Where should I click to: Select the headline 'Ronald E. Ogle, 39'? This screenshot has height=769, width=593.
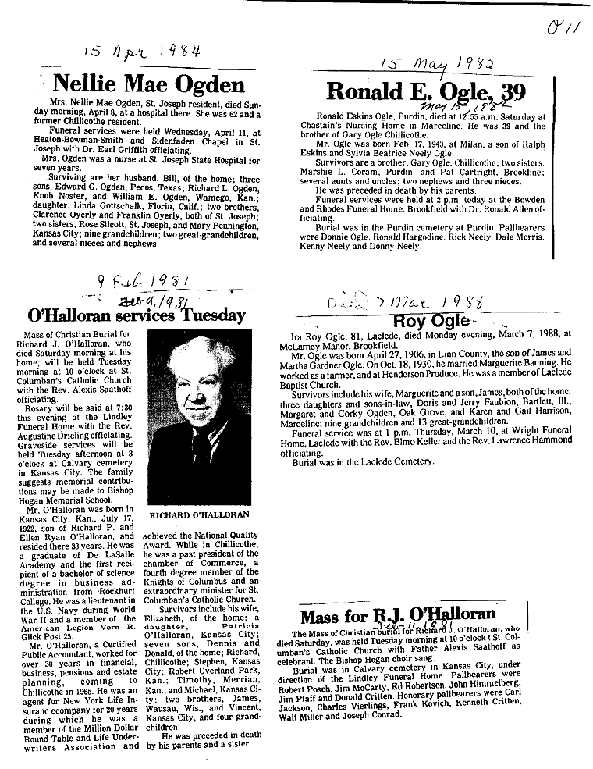click(422, 91)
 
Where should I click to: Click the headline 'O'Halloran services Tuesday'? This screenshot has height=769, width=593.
click(137, 315)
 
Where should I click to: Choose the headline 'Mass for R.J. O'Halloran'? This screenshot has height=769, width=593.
click(398, 614)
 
